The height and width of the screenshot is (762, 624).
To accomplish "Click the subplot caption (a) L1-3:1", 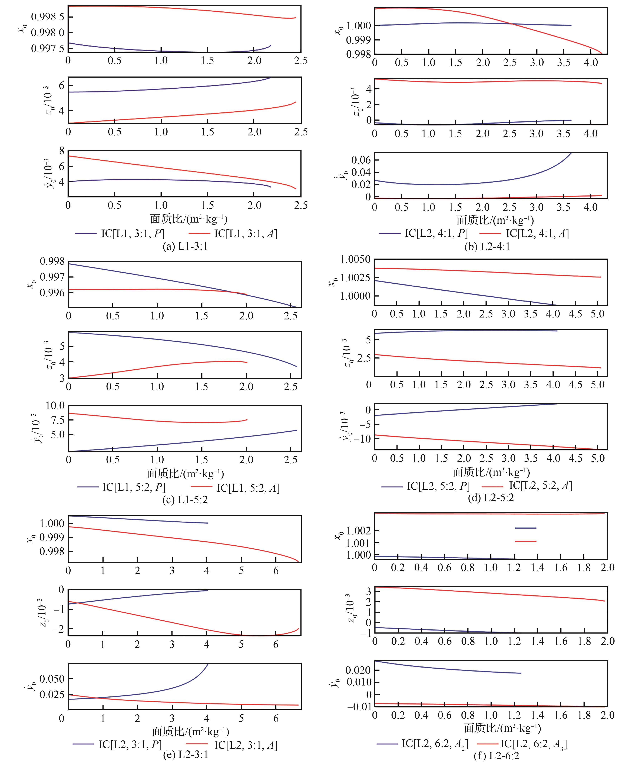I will [x=185, y=247].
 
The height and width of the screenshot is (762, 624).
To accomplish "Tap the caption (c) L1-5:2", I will [x=185, y=500].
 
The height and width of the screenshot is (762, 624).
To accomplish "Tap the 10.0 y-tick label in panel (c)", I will [x=55, y=406].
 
